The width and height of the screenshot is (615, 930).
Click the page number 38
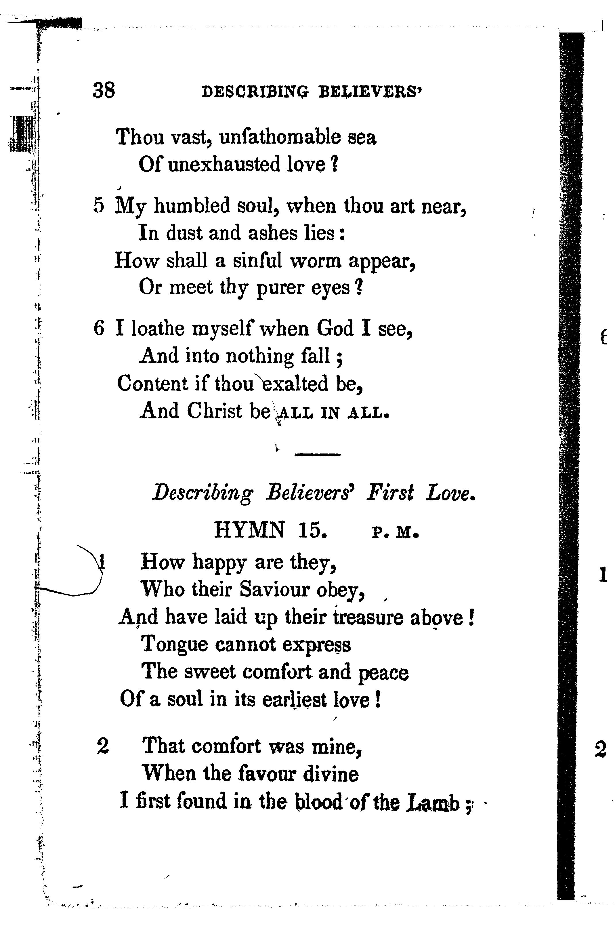[x=104, y=91]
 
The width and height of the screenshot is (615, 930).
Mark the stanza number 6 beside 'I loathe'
[x=99, y=328]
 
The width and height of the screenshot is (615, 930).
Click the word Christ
[x=214, y=411]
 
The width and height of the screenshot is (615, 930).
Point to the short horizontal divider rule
[x=317, y=454]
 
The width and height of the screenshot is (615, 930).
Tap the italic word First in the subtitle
[x=390, y=493]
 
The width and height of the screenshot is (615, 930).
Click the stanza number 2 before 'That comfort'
[x=103, y=746]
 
